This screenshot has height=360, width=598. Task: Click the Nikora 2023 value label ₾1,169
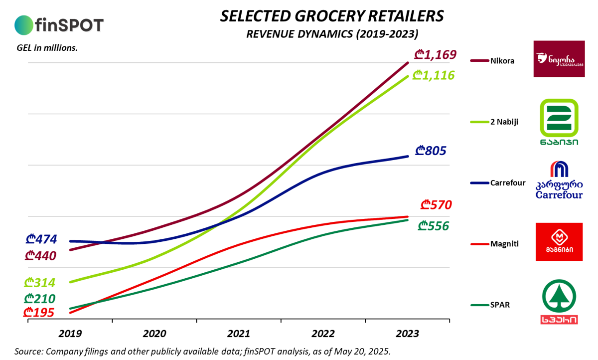click(436, 54)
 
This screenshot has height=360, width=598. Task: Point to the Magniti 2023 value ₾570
click(436, 204)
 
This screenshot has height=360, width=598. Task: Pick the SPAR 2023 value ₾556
click(434, 226)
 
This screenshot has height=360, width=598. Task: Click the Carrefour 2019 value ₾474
click(41, 239)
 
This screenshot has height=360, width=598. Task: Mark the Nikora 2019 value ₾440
click(40, 256)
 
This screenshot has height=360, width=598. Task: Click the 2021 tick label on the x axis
click(239, 334)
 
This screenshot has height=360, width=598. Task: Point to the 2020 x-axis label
click(154, 334)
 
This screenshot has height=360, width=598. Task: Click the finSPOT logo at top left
click(59, 24)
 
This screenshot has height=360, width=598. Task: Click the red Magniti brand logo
click(559, 242)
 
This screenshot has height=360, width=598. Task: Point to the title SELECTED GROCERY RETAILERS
click(332, 16)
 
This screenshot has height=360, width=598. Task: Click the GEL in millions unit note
click(46, 48)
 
